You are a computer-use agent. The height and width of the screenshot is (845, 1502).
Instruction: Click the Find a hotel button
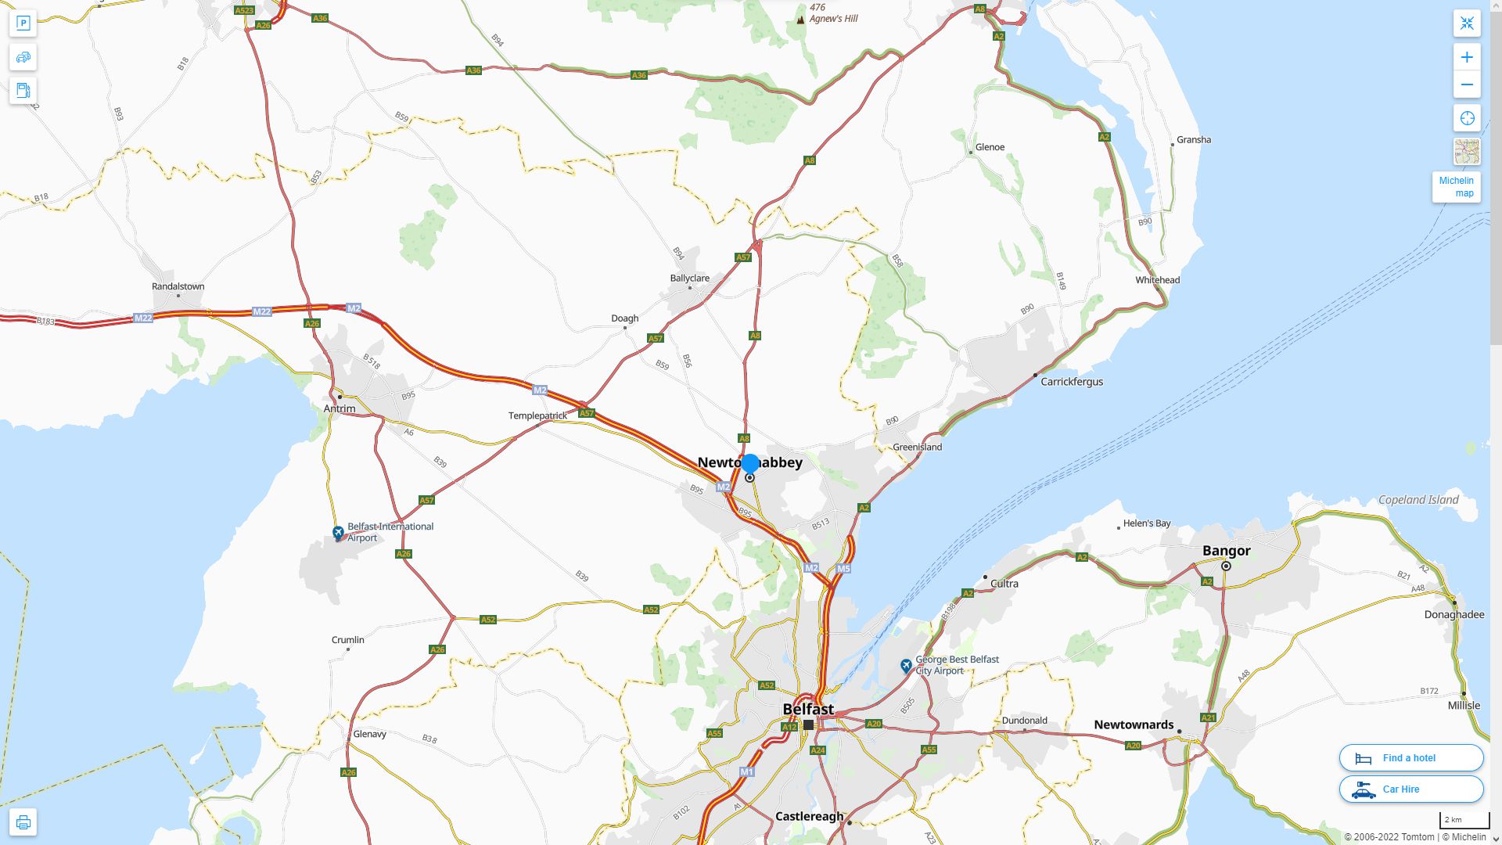[1410, 757]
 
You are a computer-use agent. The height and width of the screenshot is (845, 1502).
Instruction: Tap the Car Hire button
[1410, 789]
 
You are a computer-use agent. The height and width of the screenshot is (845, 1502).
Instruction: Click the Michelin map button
[1456, 187]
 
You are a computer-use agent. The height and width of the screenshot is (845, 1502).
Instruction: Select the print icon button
[23, 822]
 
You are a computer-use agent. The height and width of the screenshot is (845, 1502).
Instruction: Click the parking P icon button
[23, 23]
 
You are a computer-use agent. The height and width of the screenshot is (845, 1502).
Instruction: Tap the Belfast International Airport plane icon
[338, 533]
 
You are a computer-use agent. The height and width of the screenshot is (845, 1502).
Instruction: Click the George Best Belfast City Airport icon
[906, 666]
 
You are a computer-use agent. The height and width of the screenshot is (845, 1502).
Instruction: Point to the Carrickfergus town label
[1072, 382]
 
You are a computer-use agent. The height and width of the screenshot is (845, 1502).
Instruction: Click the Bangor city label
[1226, 551]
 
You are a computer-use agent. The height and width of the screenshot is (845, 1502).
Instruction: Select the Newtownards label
[1134, 725]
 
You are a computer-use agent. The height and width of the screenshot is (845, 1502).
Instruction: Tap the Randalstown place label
[178, 286]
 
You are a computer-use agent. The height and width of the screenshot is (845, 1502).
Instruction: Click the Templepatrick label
[537, 415]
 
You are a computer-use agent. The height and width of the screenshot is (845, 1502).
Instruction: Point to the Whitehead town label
[1158, 280]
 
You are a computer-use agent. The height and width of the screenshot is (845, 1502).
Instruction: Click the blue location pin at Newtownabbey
[750, 464]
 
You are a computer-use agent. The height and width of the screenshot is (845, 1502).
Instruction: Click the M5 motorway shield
[843, 569]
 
